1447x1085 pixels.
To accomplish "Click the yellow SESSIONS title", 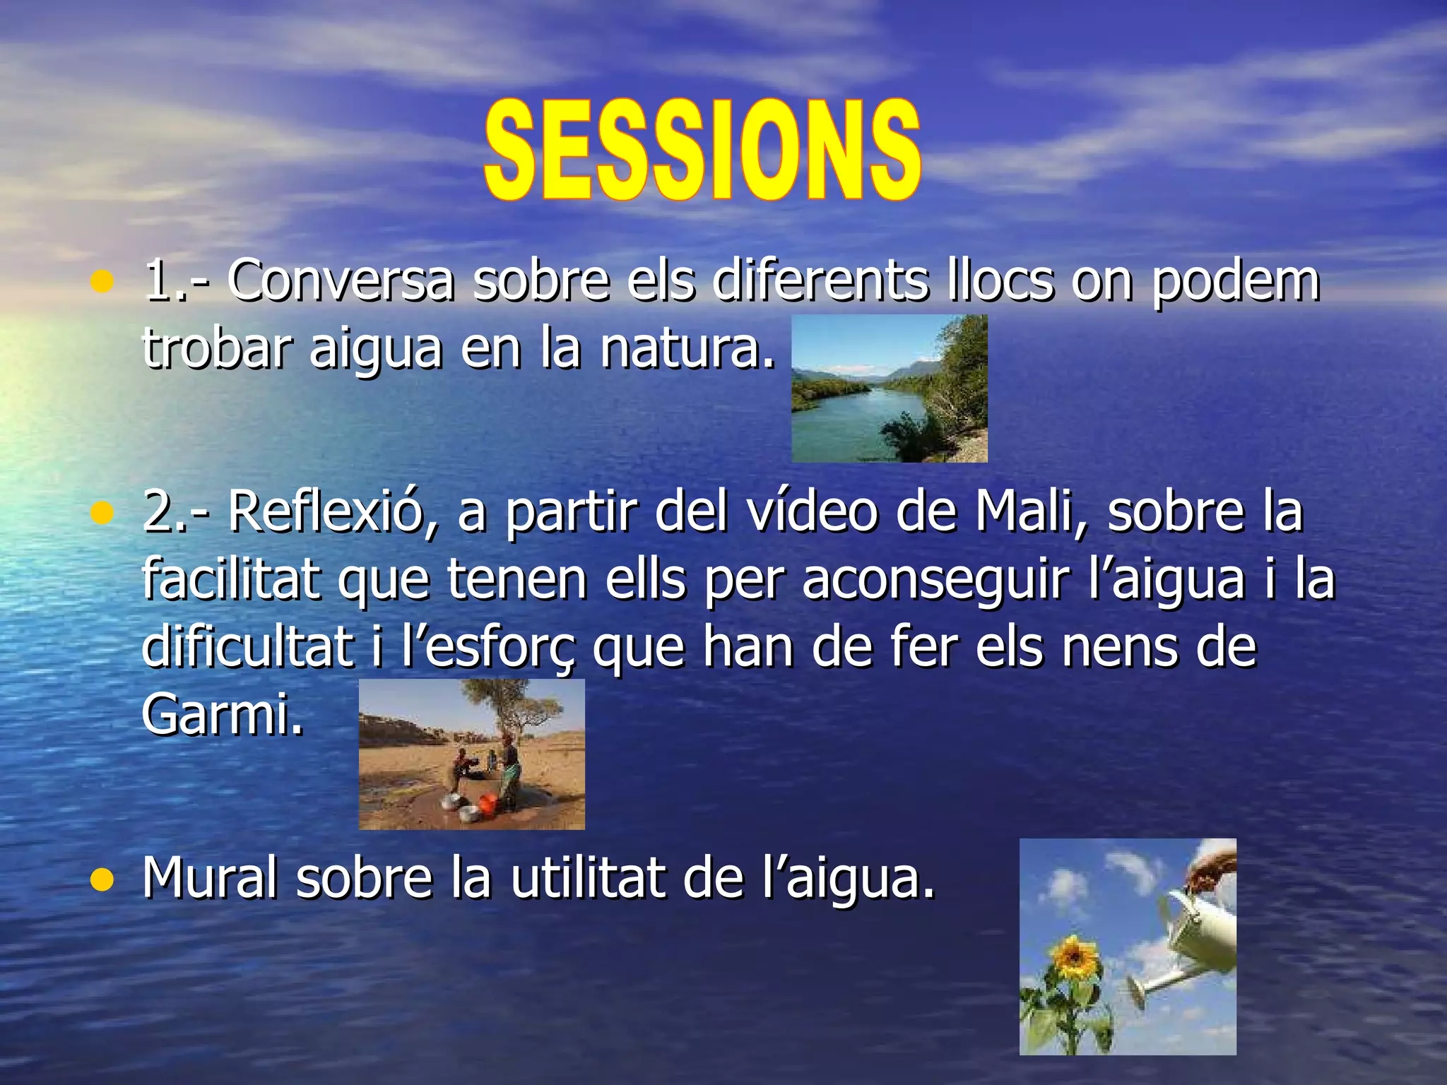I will (x=703, y=150).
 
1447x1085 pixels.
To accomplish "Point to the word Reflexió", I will (x=324, y=511).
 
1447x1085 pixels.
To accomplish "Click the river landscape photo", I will (x=889, y=389).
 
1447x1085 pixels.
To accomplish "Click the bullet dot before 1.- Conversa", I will (x=102, y=283).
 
